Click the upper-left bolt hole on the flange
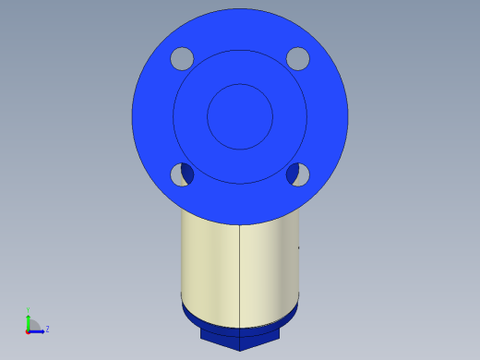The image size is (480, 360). [182, 59]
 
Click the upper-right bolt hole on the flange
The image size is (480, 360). [297, 59]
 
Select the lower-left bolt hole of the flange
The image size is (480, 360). [182, 174]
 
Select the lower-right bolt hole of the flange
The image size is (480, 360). [297, 174]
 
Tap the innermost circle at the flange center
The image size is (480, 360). [240, 116]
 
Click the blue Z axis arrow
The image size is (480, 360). [39, 329]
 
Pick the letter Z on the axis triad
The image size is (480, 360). [47, 328]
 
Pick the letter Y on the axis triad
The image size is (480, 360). [28, 309]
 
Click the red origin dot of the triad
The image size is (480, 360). [28, 330]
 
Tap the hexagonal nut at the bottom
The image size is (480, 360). [240, 338]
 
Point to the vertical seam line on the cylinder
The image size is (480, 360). [240, 272]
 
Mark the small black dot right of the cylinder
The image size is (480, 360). [298, 247]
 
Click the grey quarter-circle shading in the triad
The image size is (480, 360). [32, 325]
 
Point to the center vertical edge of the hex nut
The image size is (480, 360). [240, 343]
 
